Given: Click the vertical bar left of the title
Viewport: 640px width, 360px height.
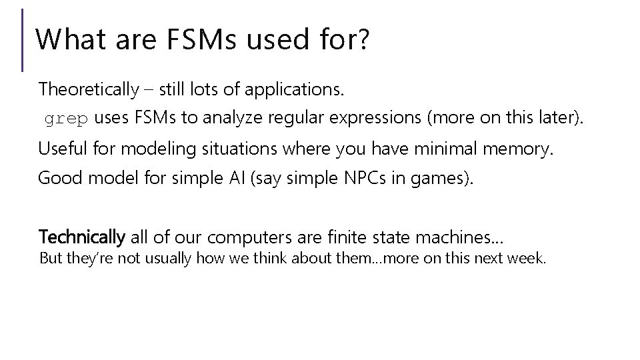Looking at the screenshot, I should [x=23, y=39].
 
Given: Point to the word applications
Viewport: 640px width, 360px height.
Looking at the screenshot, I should [x=303, y=89].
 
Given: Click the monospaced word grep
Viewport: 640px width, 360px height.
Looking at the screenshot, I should [x=66, y=120].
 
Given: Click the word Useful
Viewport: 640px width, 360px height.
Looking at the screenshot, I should [x=62, y=148].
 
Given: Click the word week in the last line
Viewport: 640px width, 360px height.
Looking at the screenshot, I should [x=527, y=258].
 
